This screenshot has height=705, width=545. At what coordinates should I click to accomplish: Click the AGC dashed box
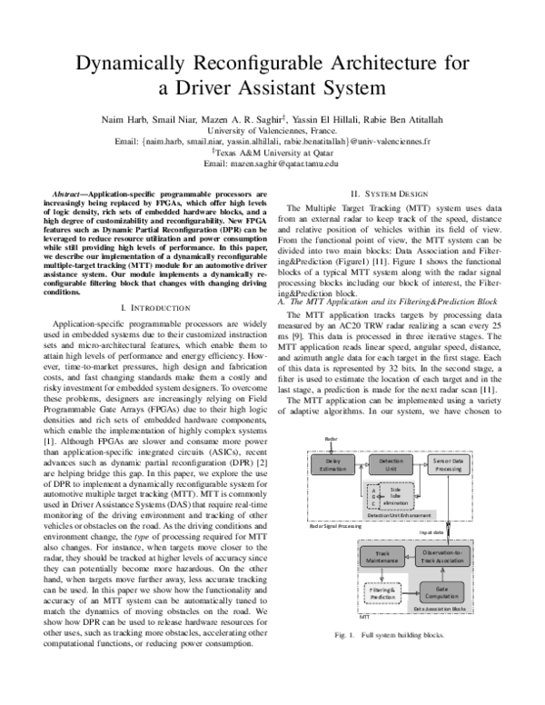point(372,495)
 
